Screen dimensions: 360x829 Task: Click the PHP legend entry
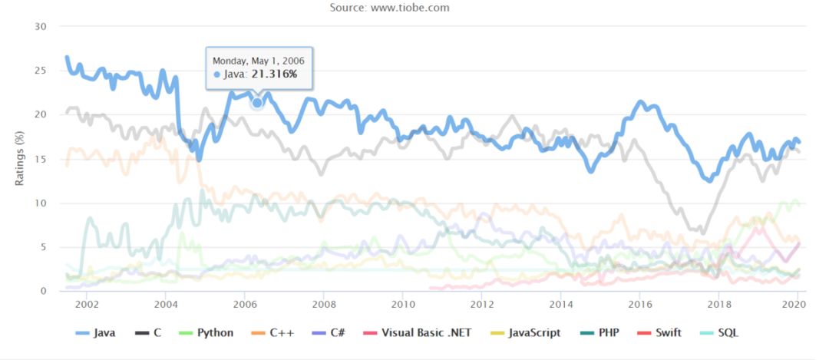pyautogui.click(x=606, y=333)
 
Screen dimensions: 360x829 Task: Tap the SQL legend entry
pyautogui.click(x=727, y=333)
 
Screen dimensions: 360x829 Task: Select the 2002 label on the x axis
pyautogui.click(x=86, y=305)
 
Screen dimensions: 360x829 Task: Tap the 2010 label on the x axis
pyautogui.click(x=402, y=305)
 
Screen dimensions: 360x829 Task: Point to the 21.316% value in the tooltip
pyautogui.click(x=274, y=74)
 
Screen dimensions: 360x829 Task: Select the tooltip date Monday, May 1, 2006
pyautogui.click(x=257, y=60)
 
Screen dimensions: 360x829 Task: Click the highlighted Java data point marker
pyautogui.click(x=257, y=102)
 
